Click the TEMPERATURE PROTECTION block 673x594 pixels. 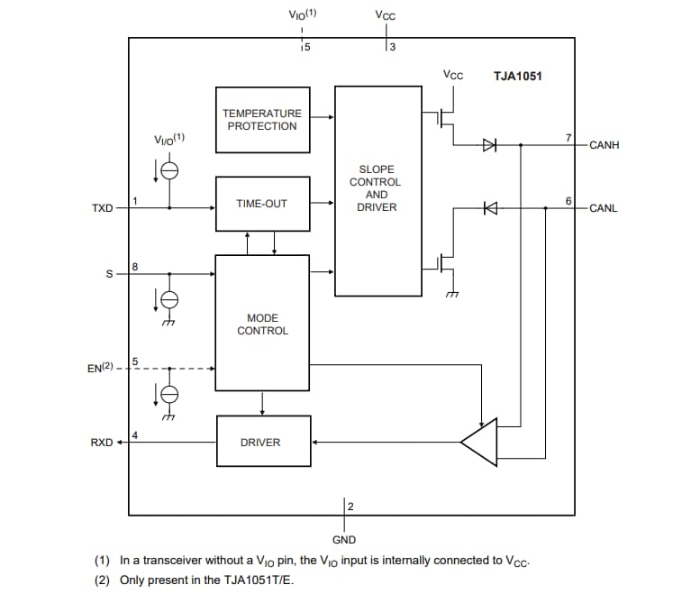click(262, 119)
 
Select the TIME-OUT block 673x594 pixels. click(262, 204)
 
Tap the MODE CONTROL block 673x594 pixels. click(262, 324)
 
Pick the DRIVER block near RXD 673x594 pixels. click(262, 442)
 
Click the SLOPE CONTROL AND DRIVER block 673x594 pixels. click(377, 189)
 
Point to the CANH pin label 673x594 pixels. click(604, 145)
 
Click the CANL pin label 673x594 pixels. click(603, 208)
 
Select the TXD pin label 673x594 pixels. click(103, 208)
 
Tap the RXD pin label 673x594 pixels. click(102, 443)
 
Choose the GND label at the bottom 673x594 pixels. click(344, 540)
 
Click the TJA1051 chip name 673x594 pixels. click(518, 77)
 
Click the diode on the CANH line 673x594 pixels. click(489, 144)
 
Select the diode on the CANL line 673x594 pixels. click(490, 208)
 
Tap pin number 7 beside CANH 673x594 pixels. click(568, 137)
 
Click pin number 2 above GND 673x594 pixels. click(350, 506)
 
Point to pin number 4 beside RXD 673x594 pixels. click(134, 435)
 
